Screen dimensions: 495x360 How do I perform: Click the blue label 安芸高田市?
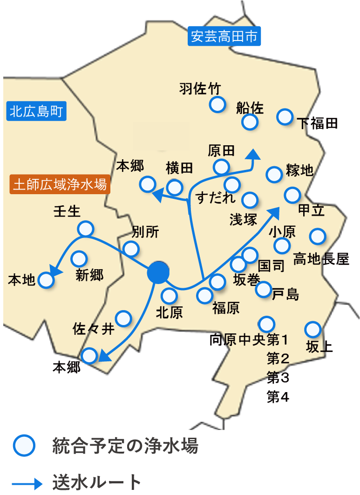(x=224, y=37)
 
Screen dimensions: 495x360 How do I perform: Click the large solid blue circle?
(x=158, y=272)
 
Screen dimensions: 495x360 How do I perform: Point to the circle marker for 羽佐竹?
(x=217, y=105)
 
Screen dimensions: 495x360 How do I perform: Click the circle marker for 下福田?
(x=285, y=116)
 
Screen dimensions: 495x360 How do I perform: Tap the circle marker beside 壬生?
(x=85, y=228)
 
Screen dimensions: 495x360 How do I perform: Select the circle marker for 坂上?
(x=312, y=330)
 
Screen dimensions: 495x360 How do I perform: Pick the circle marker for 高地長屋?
(x=318, y=236)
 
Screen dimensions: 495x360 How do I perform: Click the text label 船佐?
(x=250, y=108)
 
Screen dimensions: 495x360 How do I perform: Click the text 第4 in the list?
(x=278, y=397)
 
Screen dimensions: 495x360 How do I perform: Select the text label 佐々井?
(x=94, y=329)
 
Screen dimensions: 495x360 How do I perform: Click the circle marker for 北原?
(x=169, y=295)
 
